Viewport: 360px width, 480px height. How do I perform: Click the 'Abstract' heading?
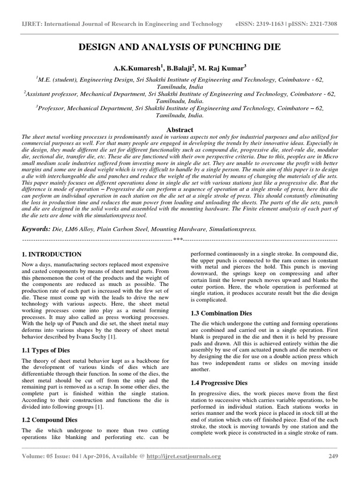coord(180,129)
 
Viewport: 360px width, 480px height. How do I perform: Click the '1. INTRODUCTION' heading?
coord(52,255)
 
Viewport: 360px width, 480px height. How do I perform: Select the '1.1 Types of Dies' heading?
coord(49,350)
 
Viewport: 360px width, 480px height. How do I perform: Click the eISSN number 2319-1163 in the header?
coord(269,24)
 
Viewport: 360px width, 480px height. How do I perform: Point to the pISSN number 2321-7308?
coord(321,24)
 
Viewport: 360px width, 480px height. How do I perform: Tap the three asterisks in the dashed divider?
coord(178,240)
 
